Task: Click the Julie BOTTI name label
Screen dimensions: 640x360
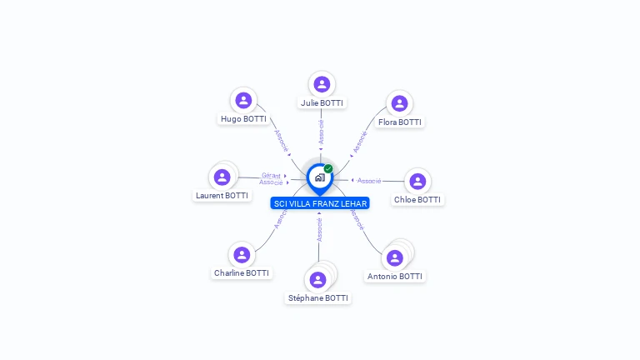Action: click(322, 103)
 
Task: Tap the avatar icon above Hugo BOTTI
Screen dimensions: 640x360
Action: click(243, 101)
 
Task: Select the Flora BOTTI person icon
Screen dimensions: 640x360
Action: click(400, 104)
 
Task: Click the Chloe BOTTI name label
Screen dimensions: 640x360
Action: click(417, 200)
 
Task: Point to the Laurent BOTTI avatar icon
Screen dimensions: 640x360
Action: click(222, 177)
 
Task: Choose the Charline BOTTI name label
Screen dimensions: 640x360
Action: click(242, 273)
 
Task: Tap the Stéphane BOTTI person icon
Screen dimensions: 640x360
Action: click(317, 280)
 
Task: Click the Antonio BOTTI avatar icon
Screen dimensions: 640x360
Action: click(393, 258)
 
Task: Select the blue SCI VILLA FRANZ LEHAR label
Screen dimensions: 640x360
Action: click(320, 203)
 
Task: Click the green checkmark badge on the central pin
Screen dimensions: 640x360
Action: click(328, 169)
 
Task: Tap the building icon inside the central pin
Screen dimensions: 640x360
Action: click(319, 177)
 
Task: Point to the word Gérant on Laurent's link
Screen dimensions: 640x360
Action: click(271, 175)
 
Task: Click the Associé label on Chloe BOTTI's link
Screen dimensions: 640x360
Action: click(369, 181)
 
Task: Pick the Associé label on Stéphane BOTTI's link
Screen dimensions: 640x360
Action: click(319, 230)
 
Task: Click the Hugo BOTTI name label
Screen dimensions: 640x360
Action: click(243, 119)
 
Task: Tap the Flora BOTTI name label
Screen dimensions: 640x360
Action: click(400, 122)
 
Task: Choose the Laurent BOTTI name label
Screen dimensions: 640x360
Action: click(222, 196)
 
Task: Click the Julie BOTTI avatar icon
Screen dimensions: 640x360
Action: click(322, 84)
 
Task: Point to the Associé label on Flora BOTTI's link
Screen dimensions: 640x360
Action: click(360, 142)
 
